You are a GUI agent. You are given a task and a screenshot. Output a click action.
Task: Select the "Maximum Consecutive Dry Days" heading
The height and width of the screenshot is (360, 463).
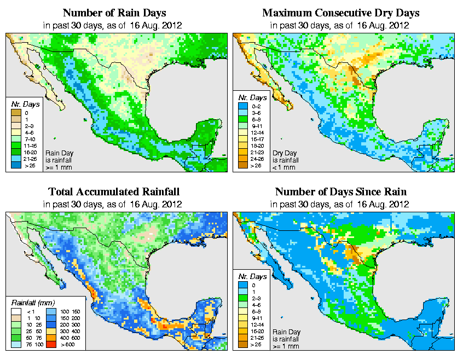[x=340, y=13]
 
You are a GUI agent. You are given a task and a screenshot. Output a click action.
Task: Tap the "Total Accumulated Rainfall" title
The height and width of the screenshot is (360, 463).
[x=114, y=192]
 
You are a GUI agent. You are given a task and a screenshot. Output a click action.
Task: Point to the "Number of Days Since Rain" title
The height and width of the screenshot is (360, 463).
[x=340, y=192]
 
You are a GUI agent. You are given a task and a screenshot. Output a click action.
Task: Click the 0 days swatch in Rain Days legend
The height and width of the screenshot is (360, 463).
[x=15, y=113]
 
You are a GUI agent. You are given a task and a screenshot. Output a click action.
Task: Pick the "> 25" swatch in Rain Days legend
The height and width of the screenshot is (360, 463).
[x=15, y=165]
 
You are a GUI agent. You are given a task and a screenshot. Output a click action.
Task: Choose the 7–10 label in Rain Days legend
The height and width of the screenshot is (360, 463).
[x=30, y=139]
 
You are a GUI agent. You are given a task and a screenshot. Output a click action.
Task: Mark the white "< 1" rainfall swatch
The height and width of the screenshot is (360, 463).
[x=15, y=311]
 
